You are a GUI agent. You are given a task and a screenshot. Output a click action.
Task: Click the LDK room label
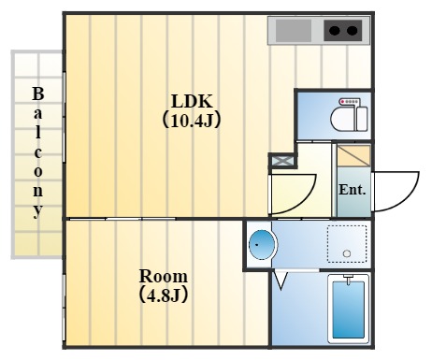pyautogui.click(x=192, y=101)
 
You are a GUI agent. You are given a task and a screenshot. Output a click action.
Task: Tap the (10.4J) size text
pyautogui.click(x=192, y=120)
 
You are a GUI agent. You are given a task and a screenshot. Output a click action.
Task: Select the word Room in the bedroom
pyautogui.click(x=164, y=277)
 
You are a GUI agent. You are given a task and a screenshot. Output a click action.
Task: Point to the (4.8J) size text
pyautogui.click(x=164, y=295)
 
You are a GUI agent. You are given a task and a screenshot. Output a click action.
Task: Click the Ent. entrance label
pyautogui.click(x=352, y=190)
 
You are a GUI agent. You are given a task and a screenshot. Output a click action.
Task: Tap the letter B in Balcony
pyautogui.click(x=38, y=94)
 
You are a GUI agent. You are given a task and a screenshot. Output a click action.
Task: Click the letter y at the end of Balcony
pyautogui.click(x=38, y=210)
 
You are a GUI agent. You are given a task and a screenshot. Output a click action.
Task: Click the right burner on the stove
pyautogui.click(x=353, y=32)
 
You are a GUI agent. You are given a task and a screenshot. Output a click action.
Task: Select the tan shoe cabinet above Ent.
pyautogui.click(x=353, y=156)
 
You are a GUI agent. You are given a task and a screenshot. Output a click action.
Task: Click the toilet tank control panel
pyautogui.click(x=350, y=102)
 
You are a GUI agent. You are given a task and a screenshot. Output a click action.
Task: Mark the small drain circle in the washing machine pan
pyautogui.click(x=347, y=253)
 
